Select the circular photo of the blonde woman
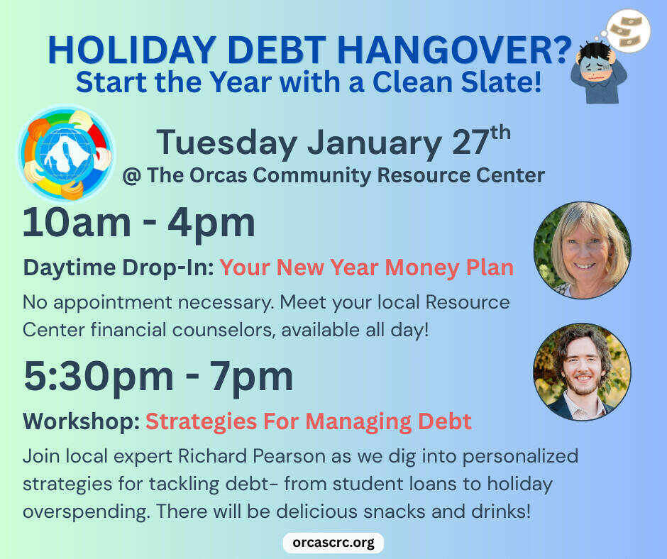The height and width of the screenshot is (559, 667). [x=582, y=250]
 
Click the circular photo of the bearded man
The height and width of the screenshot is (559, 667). [x=582, y=372]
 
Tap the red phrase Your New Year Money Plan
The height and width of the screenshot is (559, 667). [x=366, y=267]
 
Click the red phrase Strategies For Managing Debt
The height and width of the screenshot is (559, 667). [x=308, y=421]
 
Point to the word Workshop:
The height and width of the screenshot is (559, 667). [x=81, y=421]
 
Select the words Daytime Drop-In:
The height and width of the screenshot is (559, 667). [x=118, y=267]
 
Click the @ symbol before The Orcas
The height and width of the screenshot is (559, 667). [x=131, y=175]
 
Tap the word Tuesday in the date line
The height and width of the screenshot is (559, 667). [x=227, y=143]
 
